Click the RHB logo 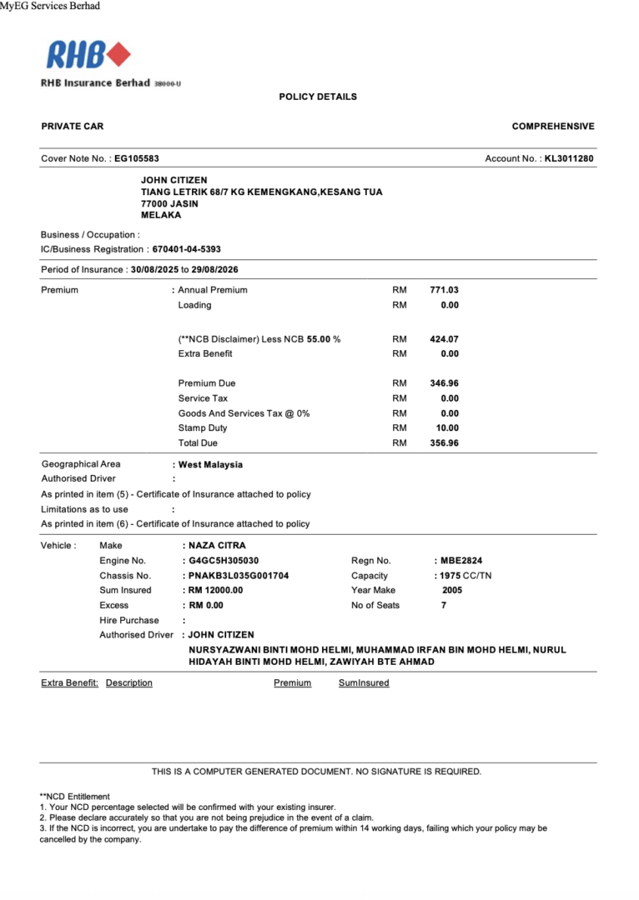point(88,55)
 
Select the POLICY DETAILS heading point(318,97)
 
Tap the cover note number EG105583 point(136,158)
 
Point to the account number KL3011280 point(569,158)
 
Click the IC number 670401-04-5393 point(186,249)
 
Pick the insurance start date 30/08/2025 point(155,270)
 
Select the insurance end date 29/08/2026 point(215,270)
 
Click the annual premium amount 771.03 point(444,290)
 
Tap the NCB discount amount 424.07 point(444,339)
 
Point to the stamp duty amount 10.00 point(449,428)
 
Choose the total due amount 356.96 point(444,443)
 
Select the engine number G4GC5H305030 point(224,561)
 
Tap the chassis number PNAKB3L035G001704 point(239,576)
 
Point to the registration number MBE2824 point(461,561)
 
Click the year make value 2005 point(452,590)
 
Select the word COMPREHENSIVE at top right point(553,127)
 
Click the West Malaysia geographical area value point(210,465)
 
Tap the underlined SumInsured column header point(364,683)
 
